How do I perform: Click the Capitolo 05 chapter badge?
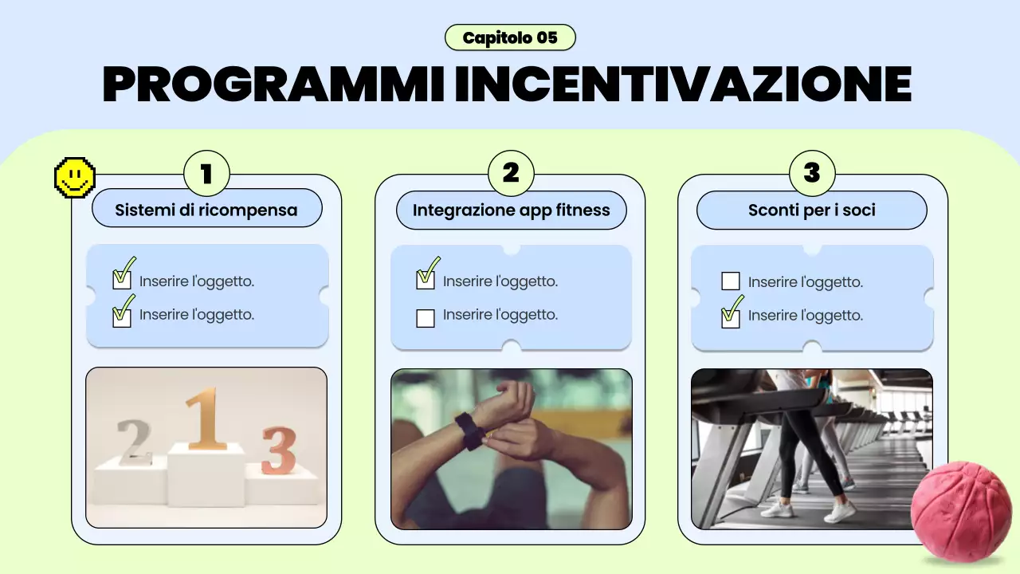tap(510, 37)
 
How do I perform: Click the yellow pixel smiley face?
tap(74, 177)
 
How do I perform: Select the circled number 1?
tap(206, 173)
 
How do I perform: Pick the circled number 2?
tap(510, 173)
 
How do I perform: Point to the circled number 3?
tap(812, 173)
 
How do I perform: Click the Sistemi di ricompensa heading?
tap(206, 210)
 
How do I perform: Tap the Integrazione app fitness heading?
tap(511, 210)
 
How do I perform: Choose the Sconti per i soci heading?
tap(812, 210)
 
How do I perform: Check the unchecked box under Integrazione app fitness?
tap(426, 318)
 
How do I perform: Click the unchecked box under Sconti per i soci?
tap(730, 281)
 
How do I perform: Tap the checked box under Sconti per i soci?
tap(730, 317)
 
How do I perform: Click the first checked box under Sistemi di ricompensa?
tap(122, 279)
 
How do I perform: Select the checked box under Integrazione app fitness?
tap(426, 279)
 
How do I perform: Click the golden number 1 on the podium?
tap(206, 419)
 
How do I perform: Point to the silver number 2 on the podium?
tap(135, 442)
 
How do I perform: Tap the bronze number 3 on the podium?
tap(278, 450)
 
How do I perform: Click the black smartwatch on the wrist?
tap(468, 431)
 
